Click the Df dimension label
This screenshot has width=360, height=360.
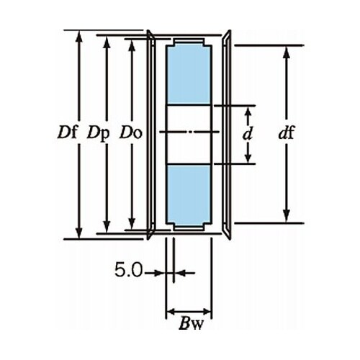pyautogui.click(x=68, y=132)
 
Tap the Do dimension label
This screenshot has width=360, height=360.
pyautogui.click(x=131, y=132)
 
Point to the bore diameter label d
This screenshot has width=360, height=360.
pyautogui.click(x=248, y=133)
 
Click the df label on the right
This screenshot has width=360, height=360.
pyautogui.click(x=286, y=132)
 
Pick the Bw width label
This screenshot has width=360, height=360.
pyautogui.click(x=191, y=324)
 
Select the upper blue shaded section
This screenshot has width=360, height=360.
pyautogui.click(x=189, y=75)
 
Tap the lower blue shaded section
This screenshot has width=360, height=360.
pyautogui.click(x=189, y=194)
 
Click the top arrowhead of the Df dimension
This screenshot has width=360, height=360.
pyautogui.click(x=79, y=37)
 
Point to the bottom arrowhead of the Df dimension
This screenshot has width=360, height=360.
pyautogui.click(x=79, y=233)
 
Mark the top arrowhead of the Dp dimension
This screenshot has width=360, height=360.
pyautogui.click(x=107, y=42)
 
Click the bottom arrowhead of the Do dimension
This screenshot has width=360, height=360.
pyautogui.click(x=132, y=223)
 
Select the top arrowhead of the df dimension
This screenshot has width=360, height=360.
pyautogui.click(x=287, y=52)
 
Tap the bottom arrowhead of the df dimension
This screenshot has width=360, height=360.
pyautogui.click(x=287, y=217)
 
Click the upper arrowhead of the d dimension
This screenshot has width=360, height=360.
pyautogui.click(x=248, y=112)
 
